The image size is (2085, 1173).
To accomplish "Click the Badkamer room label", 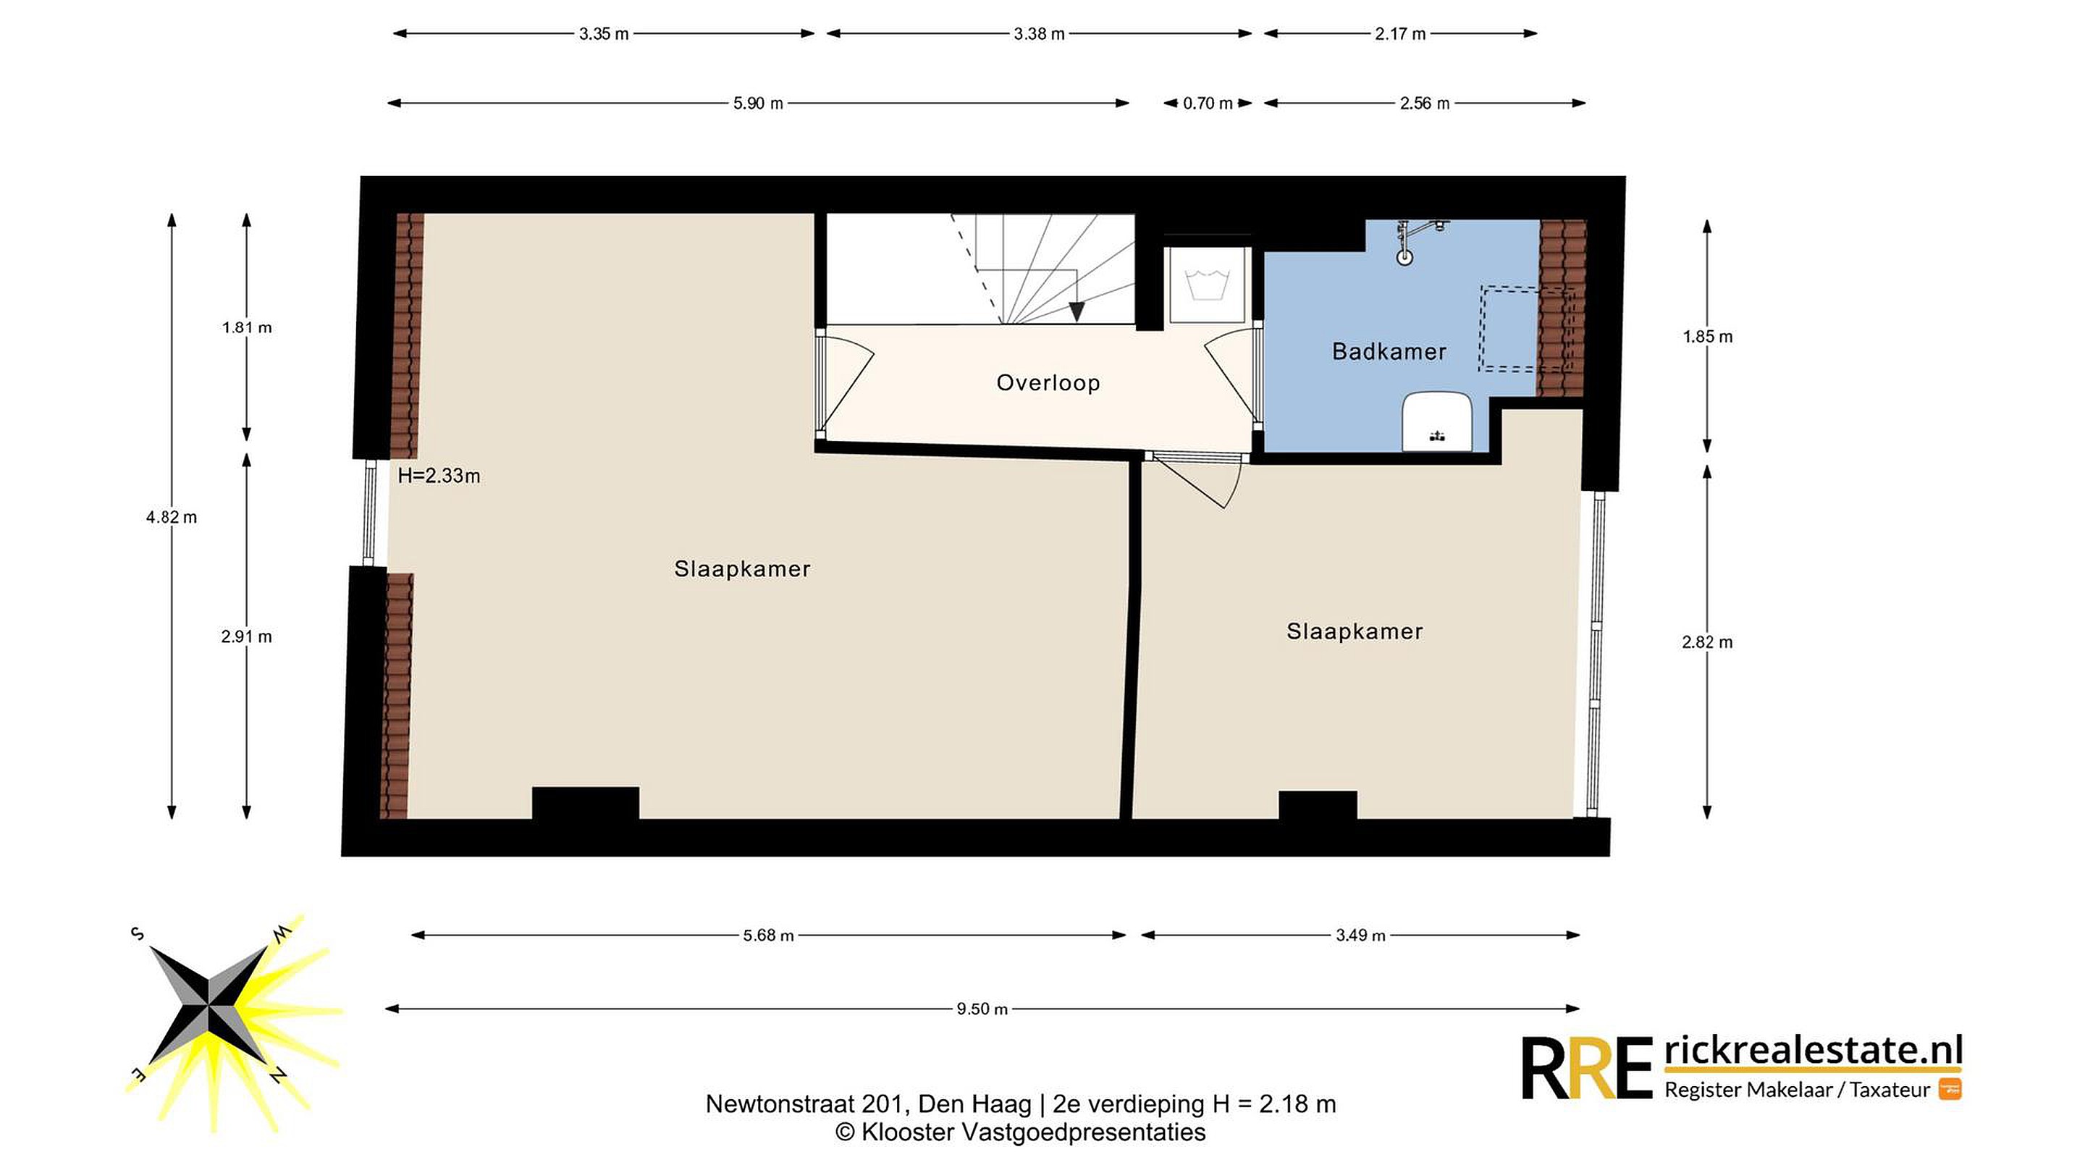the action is pos(1389,351).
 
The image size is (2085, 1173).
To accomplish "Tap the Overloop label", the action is pos(1048,383).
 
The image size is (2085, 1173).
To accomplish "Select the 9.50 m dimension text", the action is pos(982,1009).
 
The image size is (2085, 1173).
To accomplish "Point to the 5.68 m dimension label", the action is pos(768,935).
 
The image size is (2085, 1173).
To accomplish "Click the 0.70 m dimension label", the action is pos(1208,103).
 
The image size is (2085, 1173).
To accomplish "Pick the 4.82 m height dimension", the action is pos(172,516).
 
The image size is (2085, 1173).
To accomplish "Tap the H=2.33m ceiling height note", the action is pos(439,475).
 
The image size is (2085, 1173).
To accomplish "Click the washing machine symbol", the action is pos(1207,285).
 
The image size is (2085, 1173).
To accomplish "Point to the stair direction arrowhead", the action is pos(1076,311).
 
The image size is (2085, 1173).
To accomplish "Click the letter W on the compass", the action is pos(281,933).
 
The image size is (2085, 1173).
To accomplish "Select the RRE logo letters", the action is pos(1586,1069).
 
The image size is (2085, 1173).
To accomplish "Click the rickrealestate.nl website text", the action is pos(1813,1050).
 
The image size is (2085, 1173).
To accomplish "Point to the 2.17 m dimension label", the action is pos(1399,33).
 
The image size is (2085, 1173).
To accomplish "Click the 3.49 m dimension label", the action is pos(1360,935).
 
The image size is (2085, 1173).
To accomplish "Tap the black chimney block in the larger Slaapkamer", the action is pos(585,803).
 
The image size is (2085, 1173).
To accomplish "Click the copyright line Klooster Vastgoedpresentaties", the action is pos(1020,1132).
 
